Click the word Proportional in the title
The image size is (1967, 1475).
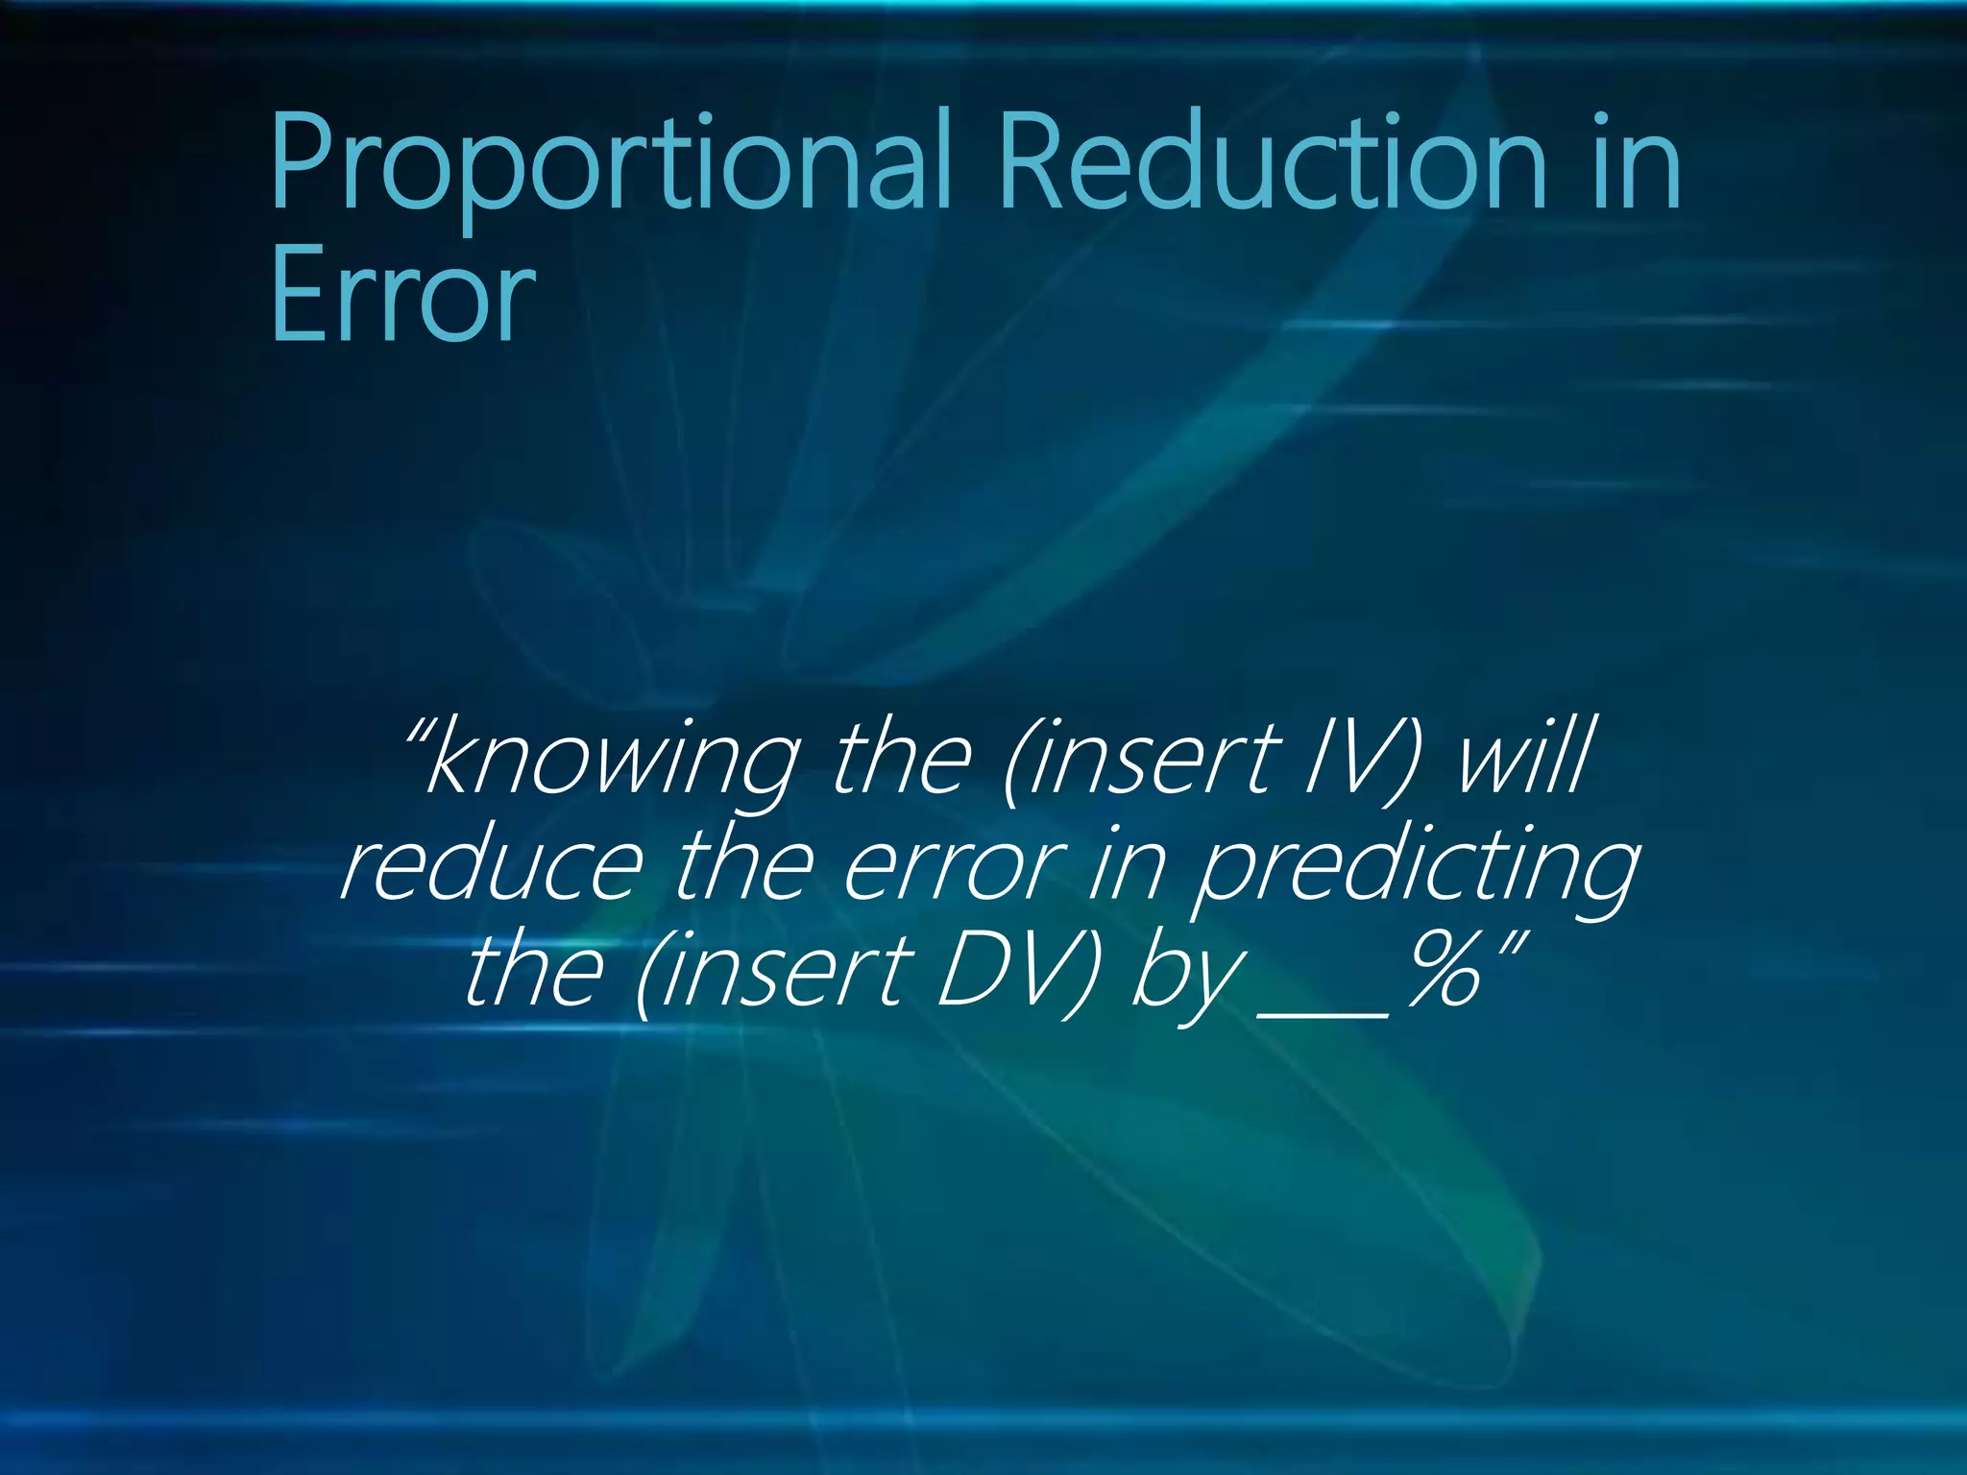[x=610, y=163]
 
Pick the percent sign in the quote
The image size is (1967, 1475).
[x=1445, y=972]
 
